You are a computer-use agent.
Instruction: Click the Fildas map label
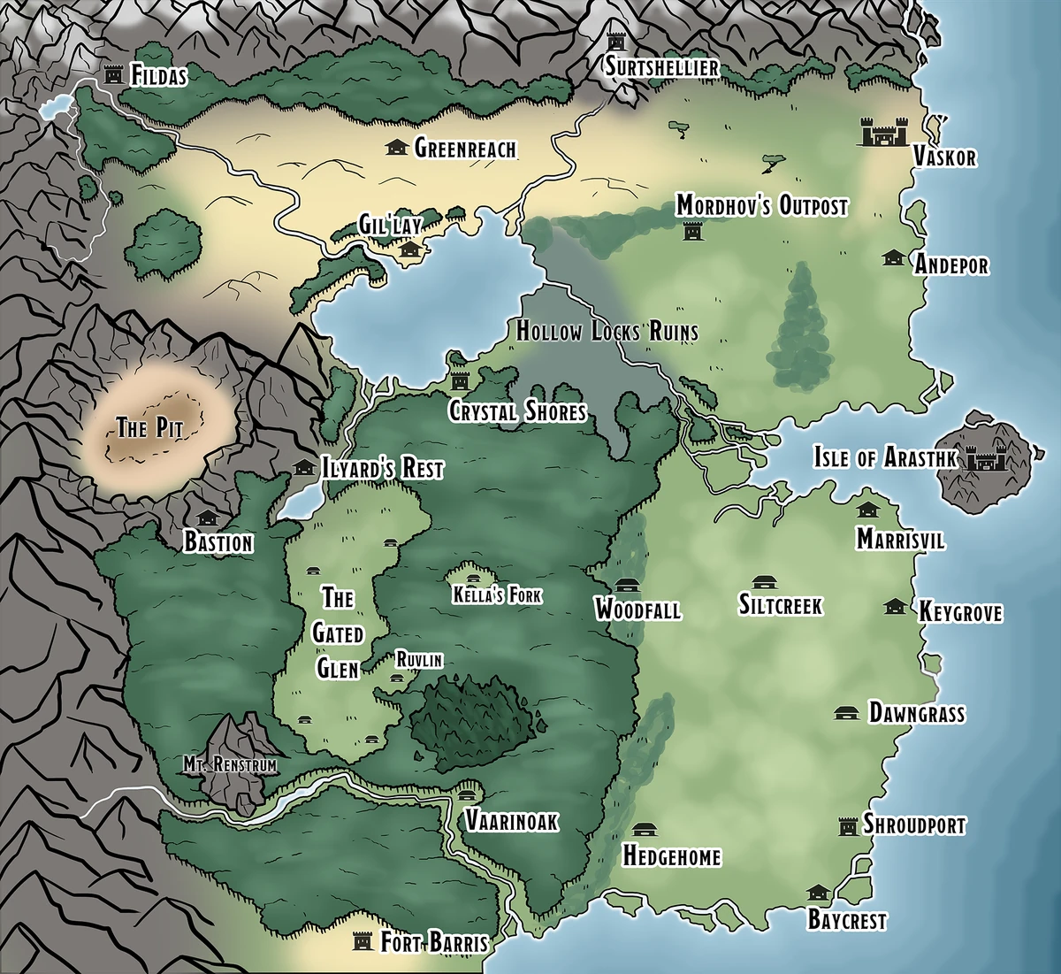click(159, 76)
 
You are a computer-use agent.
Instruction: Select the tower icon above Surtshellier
click(616, 42)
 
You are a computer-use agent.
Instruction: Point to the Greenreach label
click(465, 148)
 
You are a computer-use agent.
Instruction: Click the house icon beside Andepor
click(893, 257)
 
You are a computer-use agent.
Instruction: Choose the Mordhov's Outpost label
click(761, 207)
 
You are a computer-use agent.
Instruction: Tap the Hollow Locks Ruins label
click(607, 332)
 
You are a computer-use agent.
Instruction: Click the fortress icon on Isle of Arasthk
click(982, 458)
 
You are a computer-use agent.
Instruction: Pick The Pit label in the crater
click(149, 429)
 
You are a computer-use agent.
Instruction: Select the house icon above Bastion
click(208, 517)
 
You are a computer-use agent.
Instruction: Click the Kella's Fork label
click(496, 595)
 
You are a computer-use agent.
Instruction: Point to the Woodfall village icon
click(627, 586)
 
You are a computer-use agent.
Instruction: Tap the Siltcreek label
click(781, 605)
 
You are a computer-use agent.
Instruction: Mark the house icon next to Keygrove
click(895, 606)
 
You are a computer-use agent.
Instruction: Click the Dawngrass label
click(916, 713)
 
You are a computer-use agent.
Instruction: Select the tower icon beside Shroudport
click(849, 825)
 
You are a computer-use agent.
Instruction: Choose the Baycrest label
click(846, 920)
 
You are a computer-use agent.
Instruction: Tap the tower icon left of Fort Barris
click(362, 940)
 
